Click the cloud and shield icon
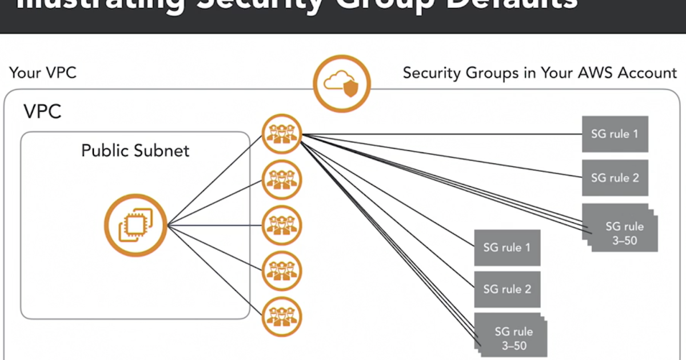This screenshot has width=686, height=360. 341,83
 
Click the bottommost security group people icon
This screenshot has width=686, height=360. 281,317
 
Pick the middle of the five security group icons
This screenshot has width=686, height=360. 281,225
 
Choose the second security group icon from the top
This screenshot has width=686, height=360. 281,179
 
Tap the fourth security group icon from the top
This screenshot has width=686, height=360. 281,271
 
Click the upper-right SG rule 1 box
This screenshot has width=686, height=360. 615,134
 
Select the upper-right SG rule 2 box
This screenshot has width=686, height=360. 615,178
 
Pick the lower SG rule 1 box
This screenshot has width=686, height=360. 507,247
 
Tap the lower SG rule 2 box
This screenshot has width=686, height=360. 507,289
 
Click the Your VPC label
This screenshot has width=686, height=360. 43,73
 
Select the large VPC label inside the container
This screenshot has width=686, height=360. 42,111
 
